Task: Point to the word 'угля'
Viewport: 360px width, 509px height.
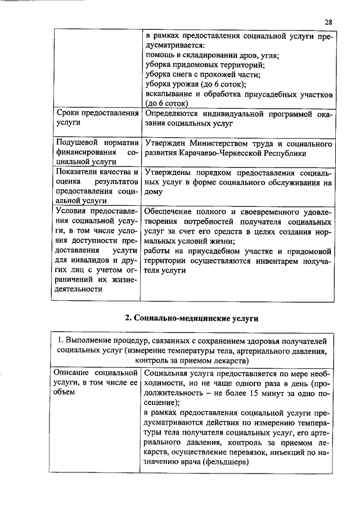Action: coord(268,55)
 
